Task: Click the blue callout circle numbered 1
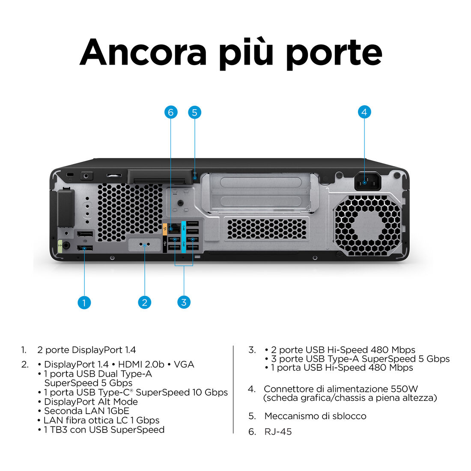coord(84,302)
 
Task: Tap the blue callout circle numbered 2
coord(144,302)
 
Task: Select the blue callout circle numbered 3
coord(184,302)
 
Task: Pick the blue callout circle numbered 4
coord(364,112)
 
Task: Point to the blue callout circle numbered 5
coord(195,112)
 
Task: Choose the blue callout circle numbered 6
coord(171,112)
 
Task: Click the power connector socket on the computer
coord(368,181)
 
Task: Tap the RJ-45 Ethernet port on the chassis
coord(174,229)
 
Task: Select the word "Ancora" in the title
coord(143,52)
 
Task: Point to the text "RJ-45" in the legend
coord(278,432)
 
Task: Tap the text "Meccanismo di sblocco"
coord(316,416)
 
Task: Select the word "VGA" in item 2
coord(184,364)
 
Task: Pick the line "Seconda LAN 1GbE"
coord(86,411)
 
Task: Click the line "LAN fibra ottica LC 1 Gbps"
coord(101,420)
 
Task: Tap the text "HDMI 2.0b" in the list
coord(141,364)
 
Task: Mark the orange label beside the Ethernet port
coord(165,229)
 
